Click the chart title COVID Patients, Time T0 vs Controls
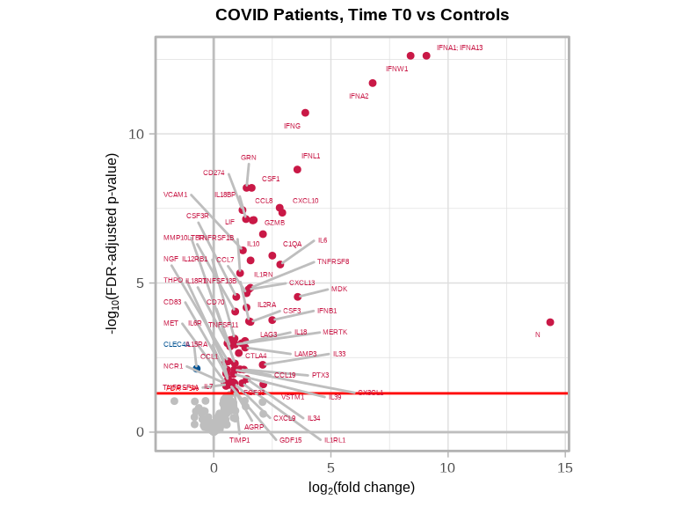(x=362, y=15)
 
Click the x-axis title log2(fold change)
(x=361, y=488)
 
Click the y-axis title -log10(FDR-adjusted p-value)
(x=112, y=244)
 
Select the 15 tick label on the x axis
(x=565, y=468)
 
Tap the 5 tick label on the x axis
(x=330, y=468)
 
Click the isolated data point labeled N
(x=550, y=322)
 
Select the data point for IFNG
(x=305, y=113)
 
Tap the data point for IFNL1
(x=297, y=169)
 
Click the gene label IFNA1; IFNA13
(x=460, y=48)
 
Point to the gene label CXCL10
(x=306, y=201)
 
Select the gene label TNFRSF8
(x=333, y=261)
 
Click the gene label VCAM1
(x=176, y=195)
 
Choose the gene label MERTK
(x=335, y=332)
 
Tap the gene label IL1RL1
(x=335, y=440)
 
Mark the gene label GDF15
(x=291, y=440)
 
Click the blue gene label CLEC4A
(x=176, y=344)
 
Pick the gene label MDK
(x=339, y=289)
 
